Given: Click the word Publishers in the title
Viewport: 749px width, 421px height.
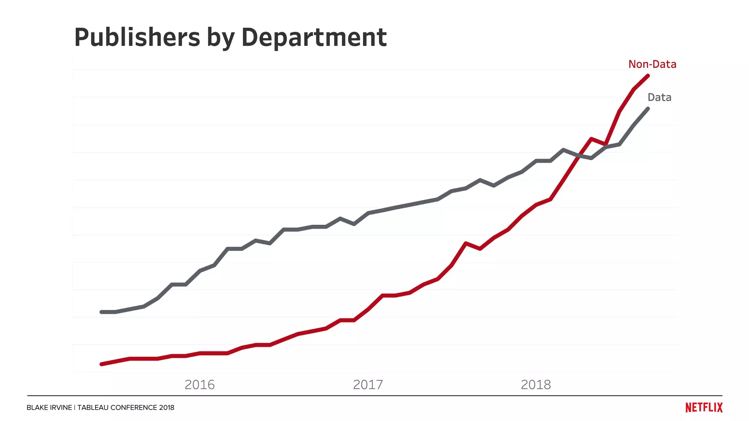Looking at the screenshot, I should (x=137, y=37).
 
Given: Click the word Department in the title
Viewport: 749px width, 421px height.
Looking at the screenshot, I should (x=314, y=37).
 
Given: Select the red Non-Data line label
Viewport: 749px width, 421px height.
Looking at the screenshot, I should (x=652, y=64).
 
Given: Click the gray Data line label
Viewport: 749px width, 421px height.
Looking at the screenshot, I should (x=659, y=98).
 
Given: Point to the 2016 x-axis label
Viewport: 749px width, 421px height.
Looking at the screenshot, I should (x=199, y=384).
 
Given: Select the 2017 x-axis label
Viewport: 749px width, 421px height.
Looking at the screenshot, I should (x=368, y=384).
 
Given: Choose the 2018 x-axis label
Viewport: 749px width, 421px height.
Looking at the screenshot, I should (x=535, y=384).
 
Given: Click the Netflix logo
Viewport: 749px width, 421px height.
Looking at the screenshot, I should (x=704, y=407).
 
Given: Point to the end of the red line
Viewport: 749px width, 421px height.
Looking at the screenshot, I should (x=648, y=76).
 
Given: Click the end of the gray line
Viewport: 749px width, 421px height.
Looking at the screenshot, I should (x=648, y=109).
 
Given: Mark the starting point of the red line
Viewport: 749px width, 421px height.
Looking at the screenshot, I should (x=101, y=364).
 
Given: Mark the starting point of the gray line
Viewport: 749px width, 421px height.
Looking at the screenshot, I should (x=101, y=312).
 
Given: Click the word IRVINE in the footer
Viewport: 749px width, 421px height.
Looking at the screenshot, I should (x=62, y=407).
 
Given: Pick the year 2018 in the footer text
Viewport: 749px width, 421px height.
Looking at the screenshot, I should (x=167, y=407).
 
